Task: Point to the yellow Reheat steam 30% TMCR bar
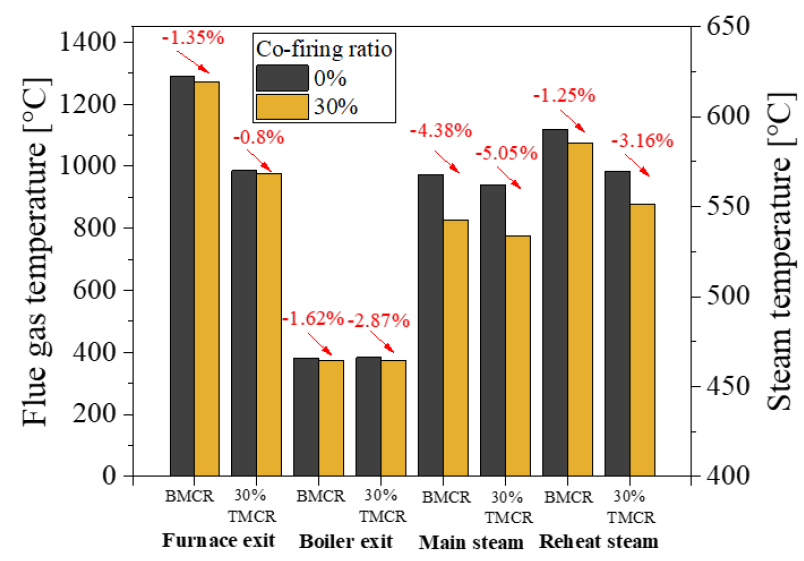[x=641, y=339]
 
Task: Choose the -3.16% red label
[x=624, y=140]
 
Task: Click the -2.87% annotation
[x=379, y=321]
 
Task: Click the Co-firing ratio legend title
[x=319, y=48]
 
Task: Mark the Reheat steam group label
[x=598, y=542]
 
